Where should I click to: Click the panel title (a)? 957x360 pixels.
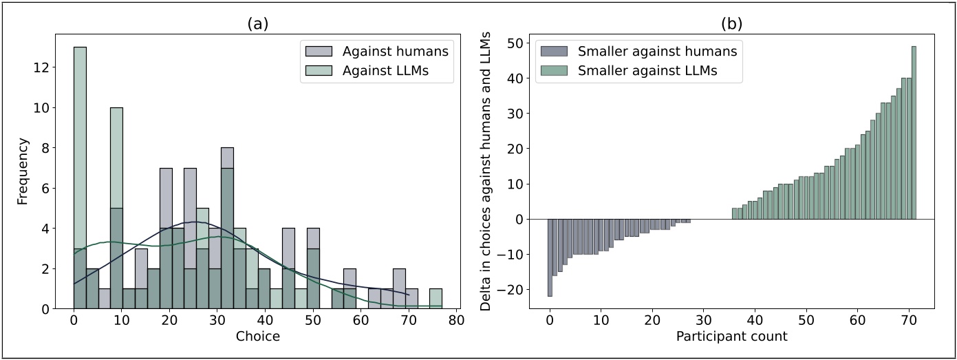(x=258, y=23)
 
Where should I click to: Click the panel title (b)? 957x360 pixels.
(x=731, y=23)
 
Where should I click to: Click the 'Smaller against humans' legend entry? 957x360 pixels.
(x=656, y=50)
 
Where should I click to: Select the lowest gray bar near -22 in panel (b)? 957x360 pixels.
(x=550, y=257)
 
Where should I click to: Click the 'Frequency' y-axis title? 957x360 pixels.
(x=23, y=171)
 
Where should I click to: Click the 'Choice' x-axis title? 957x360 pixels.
(x=257, y=337)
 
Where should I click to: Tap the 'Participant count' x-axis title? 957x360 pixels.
(x=731, y=337)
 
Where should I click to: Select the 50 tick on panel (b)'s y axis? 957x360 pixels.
(x=515, y=42)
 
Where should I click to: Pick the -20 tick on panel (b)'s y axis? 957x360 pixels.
(x=513, y=290)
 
